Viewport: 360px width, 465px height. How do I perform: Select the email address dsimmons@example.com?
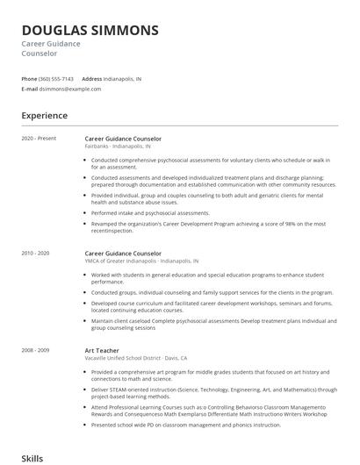[x=71, y=89]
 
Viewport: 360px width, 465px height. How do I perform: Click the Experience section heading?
[x=44, y=116]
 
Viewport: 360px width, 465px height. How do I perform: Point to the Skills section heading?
[x=32, y=458]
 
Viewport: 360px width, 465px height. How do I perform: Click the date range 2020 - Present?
[x=39, y=139]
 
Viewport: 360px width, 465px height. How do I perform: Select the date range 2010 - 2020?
[x=36, y=253]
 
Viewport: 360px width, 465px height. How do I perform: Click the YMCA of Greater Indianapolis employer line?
[x=141, y=261]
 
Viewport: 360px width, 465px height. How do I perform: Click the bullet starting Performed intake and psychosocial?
[x=150, y=212]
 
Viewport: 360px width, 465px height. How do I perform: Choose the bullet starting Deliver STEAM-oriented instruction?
[x=213, y=392]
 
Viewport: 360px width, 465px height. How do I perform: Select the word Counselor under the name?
[x=40, y=54]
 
